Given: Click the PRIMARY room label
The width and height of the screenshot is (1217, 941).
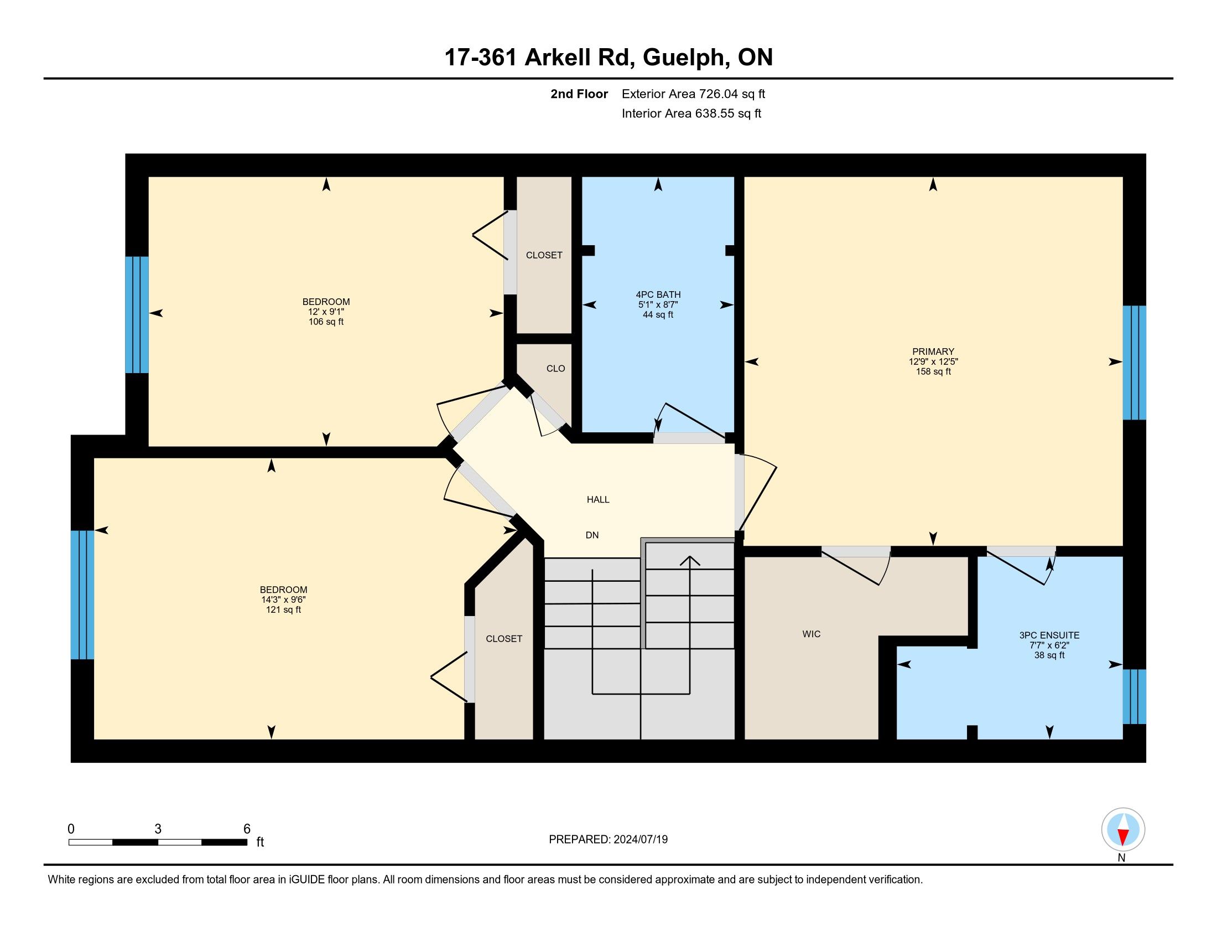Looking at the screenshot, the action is tap(933, 351).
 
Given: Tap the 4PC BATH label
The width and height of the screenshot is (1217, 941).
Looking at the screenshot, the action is tap(658, 294).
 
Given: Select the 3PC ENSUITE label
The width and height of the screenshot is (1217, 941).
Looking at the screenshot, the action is tap(1049, 635).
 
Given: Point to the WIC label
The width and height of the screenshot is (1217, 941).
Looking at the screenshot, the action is tap(812, 634).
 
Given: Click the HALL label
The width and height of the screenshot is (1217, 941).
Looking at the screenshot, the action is tap(598, 499).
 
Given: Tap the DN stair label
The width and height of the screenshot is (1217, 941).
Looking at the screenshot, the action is tap(592, 535).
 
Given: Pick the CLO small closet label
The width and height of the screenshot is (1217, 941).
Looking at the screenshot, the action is tap(555, 369).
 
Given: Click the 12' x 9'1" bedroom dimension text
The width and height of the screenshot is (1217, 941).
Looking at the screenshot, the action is tap(326, 312).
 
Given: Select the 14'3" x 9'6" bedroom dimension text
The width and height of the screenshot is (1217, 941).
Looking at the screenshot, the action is tap(283, 600).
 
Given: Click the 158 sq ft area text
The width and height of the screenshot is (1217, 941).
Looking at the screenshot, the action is tap(933, 371).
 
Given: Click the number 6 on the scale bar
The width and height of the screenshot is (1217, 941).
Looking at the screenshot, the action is tap(247, 829).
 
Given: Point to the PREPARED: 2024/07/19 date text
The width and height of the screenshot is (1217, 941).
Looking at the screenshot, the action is tap(608, 839).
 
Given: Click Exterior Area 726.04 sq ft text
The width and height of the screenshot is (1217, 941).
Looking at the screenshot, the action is tap(693, 94).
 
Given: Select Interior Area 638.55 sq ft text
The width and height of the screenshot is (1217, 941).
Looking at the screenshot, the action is tap(691, 113).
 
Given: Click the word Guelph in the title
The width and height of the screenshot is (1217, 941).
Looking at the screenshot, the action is tap(685, 58).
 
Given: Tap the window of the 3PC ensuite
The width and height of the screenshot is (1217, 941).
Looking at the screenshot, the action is tap(1134, 697).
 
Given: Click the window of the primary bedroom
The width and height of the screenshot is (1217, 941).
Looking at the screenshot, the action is tap(1134, 363).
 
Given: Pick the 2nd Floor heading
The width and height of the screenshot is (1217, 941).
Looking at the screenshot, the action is tap(579, 94).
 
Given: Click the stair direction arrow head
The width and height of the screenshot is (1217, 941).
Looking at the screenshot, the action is tap(690, 560).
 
